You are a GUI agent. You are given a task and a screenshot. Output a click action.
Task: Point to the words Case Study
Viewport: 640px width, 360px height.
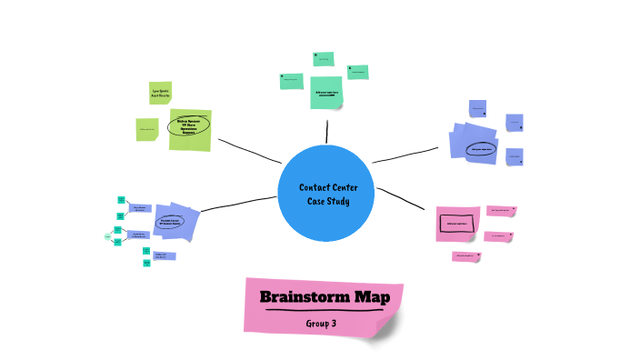(x=326, y=202)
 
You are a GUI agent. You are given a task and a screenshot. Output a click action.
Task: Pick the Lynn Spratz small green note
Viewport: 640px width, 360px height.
(x=160, y=92)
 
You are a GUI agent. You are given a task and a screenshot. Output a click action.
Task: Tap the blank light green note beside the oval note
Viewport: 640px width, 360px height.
(x=146, y=129)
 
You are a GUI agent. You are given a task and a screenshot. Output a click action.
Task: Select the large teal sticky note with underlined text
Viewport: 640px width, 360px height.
(x=325, y=93)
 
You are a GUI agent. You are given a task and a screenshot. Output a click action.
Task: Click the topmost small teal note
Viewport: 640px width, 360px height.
(x=323, y=59)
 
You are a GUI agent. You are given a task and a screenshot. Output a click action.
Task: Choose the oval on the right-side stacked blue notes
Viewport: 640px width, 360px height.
(x=480, y=146)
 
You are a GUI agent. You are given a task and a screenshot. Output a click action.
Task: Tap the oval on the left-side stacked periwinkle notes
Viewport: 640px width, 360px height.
(x=170, y=221)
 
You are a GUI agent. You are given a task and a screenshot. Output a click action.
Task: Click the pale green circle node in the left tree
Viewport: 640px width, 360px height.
(x=108, y=236)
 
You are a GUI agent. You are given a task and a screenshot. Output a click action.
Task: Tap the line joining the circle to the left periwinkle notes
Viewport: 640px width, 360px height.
(x=238, y=203)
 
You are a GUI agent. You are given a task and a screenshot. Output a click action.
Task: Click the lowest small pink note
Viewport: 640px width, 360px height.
(x=466, y=256)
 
